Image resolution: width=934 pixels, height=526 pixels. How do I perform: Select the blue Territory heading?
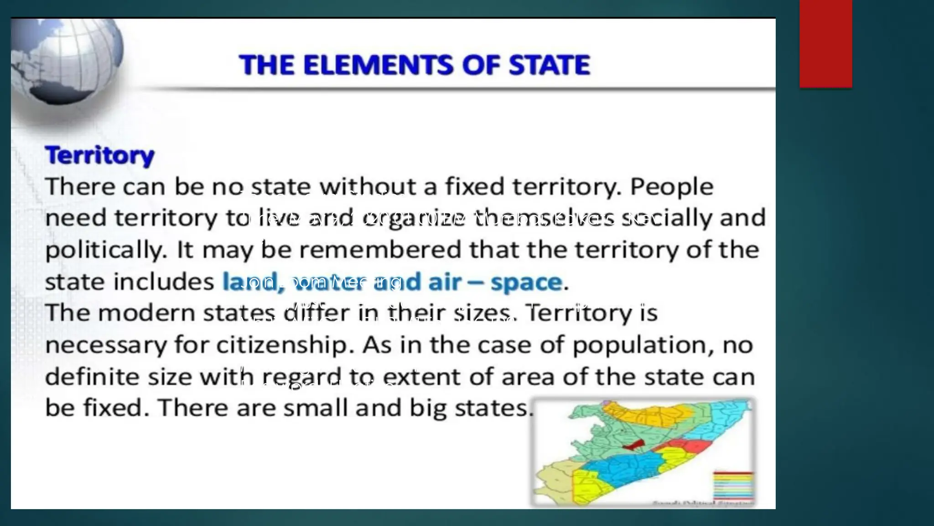point(100,156)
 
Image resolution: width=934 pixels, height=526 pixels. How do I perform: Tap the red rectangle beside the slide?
point(825,44)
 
